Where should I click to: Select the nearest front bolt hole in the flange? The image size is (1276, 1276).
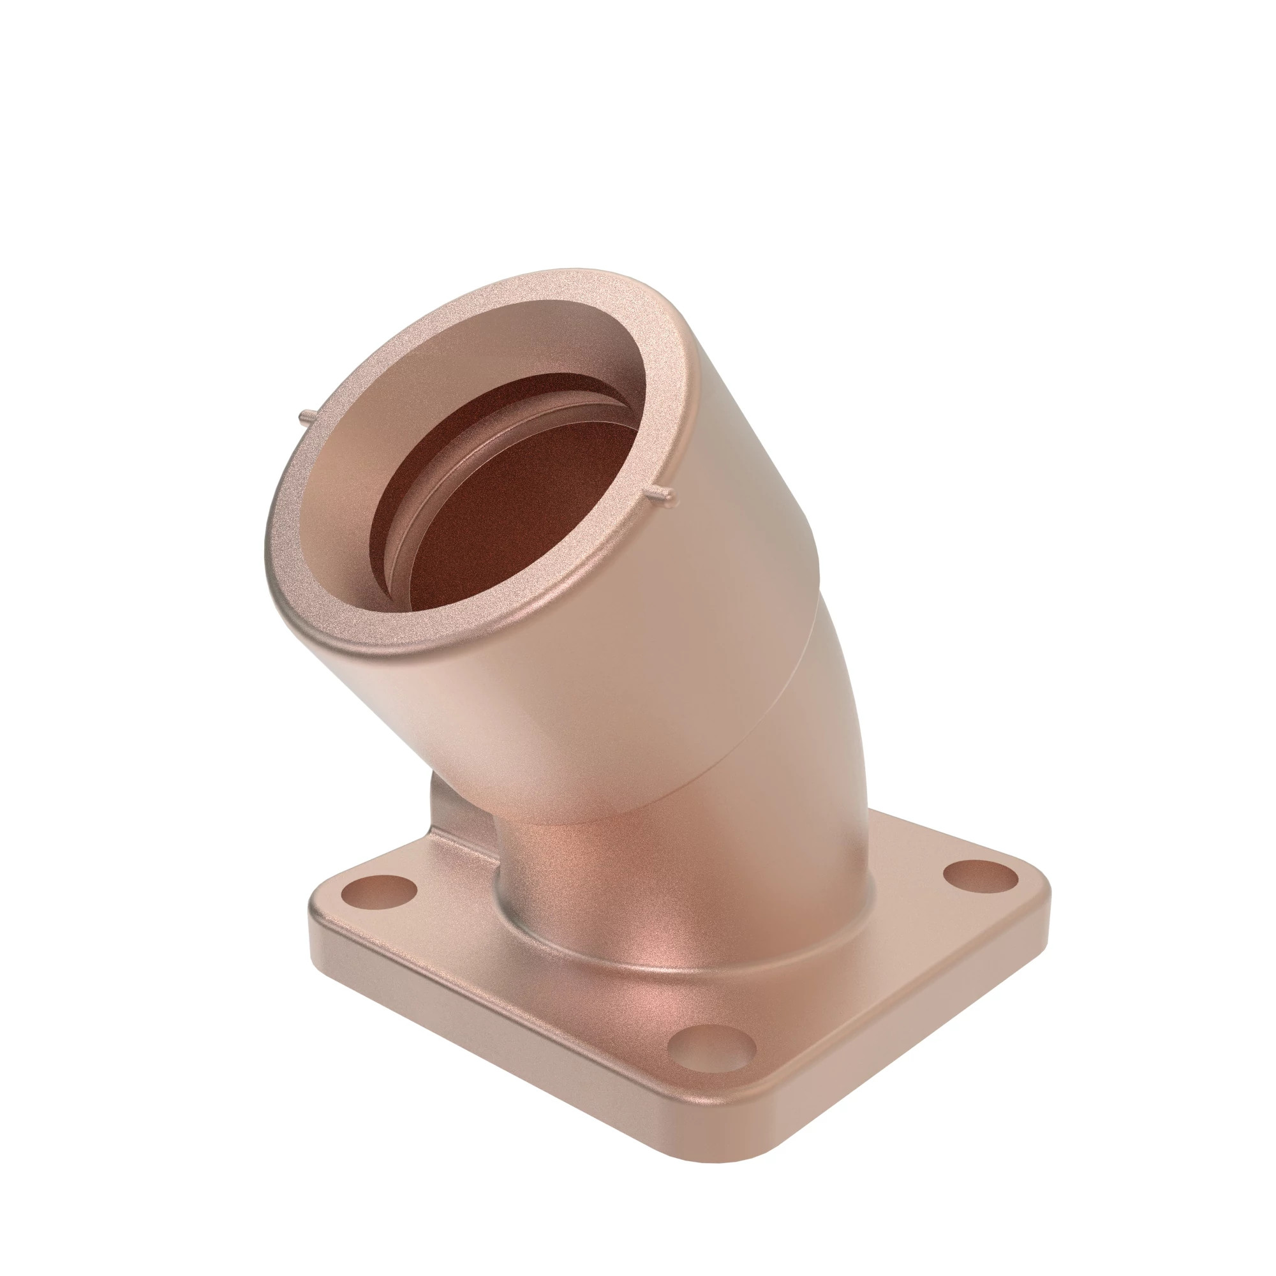(711, 1049)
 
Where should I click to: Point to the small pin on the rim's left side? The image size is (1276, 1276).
(306, 417)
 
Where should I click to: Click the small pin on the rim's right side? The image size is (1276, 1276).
(662, 493)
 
